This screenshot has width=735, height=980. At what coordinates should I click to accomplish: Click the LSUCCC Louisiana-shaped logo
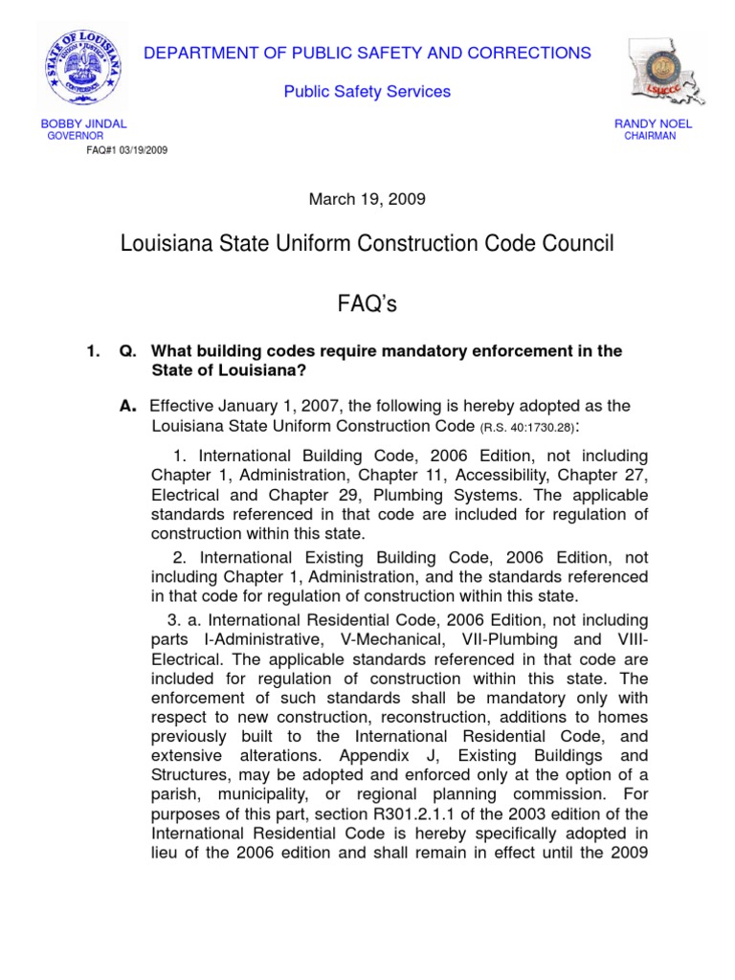click(x=663, y=73)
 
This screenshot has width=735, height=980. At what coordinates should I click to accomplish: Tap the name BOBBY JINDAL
click(x=83, y=124)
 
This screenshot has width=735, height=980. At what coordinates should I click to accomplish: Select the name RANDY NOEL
click(x=654, y=124)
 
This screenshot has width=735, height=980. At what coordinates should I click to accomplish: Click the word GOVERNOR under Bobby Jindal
click(x=77, y=137)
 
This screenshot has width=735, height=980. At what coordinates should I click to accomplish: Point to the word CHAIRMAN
click(x=650, y=137)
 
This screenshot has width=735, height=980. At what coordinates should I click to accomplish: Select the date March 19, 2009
click(x=367, y=199)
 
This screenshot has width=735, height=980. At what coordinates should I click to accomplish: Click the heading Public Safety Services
click(x=367, y=92)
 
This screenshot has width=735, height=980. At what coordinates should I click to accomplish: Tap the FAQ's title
click(x=367, y=304)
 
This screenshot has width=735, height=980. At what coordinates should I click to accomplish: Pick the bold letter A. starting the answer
click(x=126, y=405)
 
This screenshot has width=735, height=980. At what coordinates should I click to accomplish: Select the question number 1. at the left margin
click(x=93, y=352)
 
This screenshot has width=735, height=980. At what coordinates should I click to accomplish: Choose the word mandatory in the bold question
click(x=408, y=352)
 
